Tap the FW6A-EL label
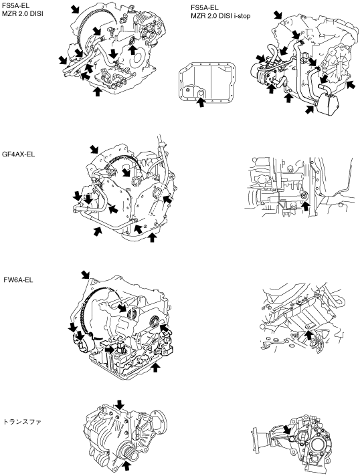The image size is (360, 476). click(18, 279)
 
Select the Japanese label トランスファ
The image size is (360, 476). click(22, 422)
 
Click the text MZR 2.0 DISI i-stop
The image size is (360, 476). click(221, 16)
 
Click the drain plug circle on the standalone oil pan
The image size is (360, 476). click(201, 93)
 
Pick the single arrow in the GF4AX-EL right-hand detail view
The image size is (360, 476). click(306, 206)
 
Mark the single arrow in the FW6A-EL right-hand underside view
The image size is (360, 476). click(308, 335)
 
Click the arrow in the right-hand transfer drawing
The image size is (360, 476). click(286, 430)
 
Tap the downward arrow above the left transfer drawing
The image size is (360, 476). click(120, 404)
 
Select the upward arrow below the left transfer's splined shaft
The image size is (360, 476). click(127, 466)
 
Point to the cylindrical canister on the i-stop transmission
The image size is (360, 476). click(326, 104)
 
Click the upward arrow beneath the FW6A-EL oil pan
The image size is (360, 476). click(156, 367)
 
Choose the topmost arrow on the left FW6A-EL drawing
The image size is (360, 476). click(86, 274)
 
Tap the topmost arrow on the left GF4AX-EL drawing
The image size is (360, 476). click(94, 149)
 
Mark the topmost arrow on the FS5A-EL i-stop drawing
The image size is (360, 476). click(278, 14)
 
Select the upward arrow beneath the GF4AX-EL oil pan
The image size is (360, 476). click(152, 237)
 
